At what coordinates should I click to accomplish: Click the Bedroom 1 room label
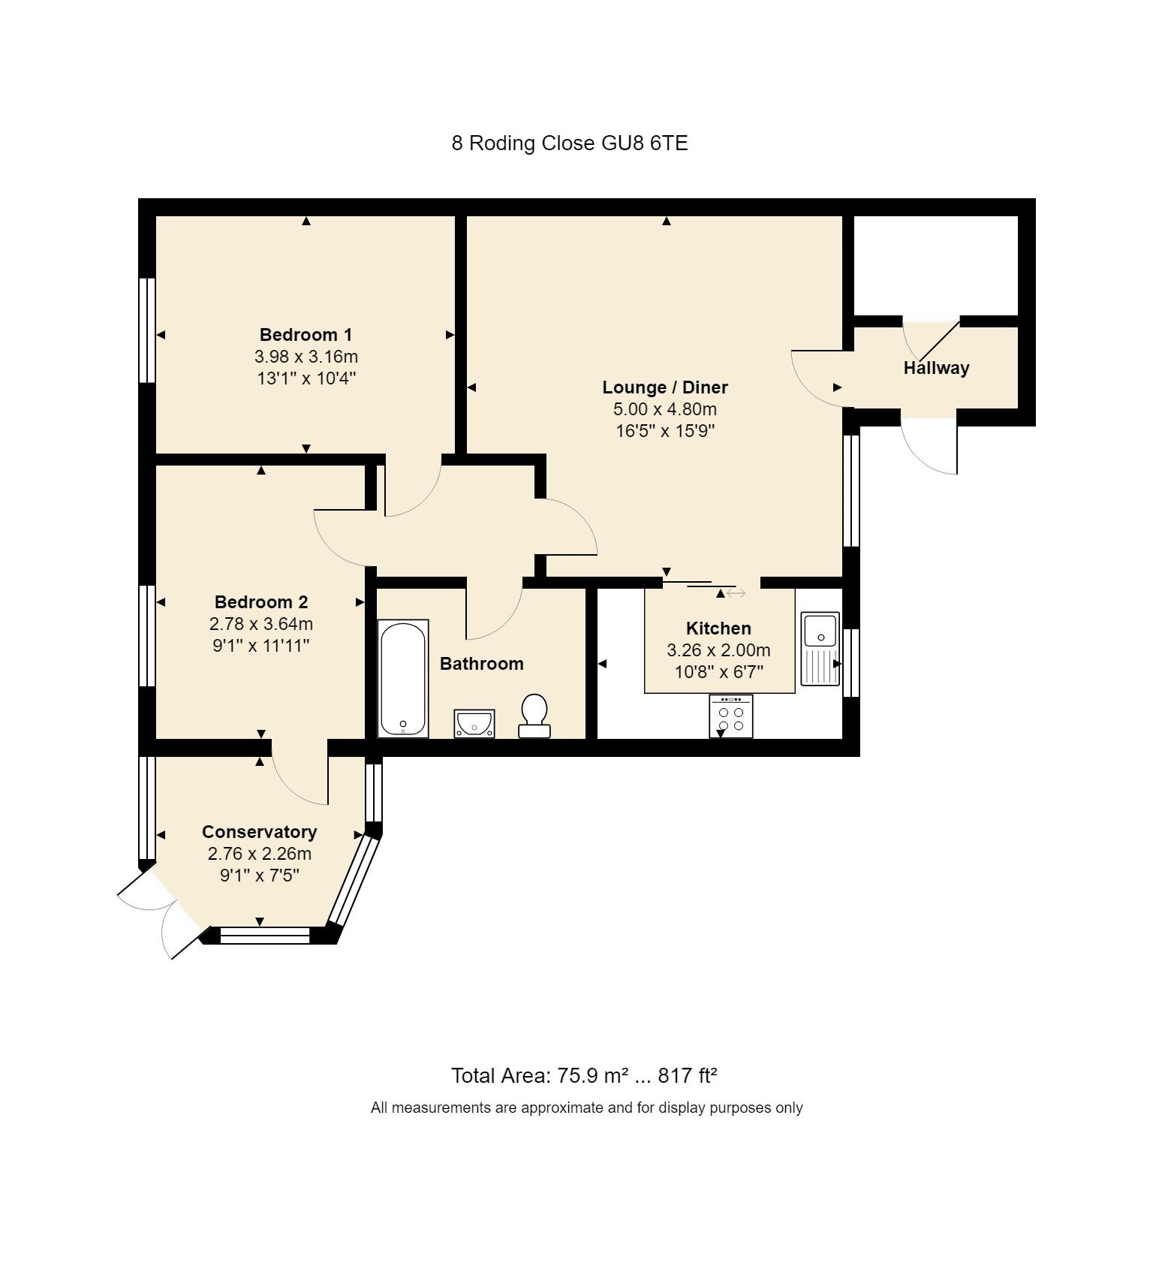306,335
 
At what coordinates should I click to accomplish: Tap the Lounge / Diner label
665,387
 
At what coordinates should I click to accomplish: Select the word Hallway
936,368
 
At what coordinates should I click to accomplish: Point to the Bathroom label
482,664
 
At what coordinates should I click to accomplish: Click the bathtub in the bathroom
403,678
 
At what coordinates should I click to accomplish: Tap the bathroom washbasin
474,724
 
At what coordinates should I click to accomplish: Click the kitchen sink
820,649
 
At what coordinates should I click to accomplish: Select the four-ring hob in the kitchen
731,716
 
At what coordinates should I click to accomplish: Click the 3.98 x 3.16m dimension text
306,357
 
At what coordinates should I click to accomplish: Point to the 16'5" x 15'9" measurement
665,431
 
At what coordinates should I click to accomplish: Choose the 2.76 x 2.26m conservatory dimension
260,854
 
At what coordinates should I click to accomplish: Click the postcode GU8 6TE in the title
645,143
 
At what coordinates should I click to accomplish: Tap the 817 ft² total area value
688,1076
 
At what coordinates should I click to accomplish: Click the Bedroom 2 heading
261,602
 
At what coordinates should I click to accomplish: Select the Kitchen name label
718,628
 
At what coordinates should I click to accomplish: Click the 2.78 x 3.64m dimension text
261,624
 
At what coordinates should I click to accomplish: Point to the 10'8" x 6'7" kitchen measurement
719,672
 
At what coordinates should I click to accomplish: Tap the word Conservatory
260,832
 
